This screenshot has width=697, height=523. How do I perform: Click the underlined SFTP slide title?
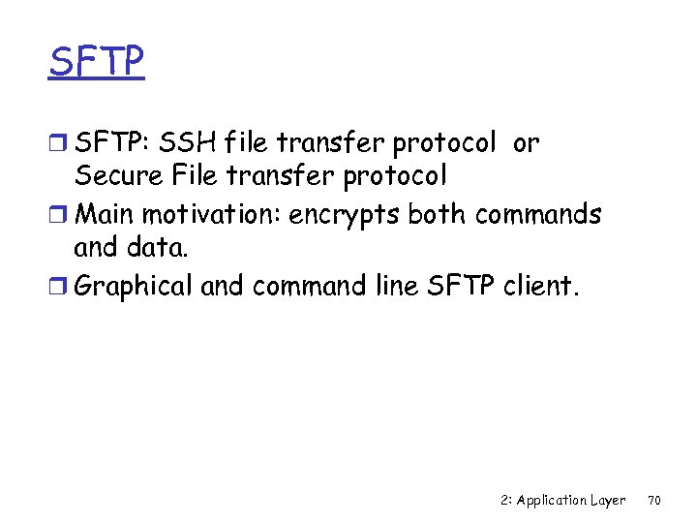point(96,61)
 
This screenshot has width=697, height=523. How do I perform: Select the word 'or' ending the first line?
point(526,143)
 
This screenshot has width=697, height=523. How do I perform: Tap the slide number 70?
point(654,501)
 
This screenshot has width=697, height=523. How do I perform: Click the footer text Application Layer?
point(571,501)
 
